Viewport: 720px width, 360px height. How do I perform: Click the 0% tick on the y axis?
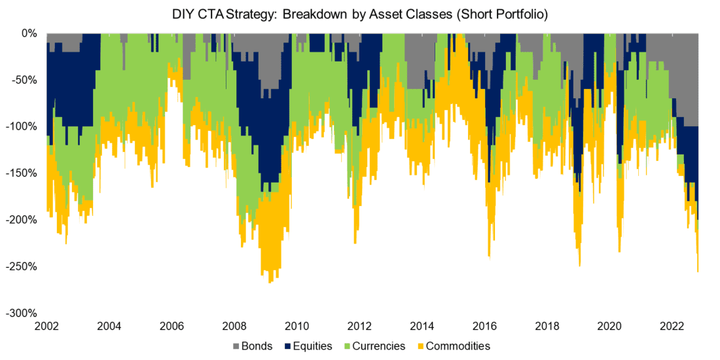(x=30, y=33)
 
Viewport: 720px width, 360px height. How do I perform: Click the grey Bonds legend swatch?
(x=236, y=346)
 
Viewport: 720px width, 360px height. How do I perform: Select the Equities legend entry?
(x=308, y=346)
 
